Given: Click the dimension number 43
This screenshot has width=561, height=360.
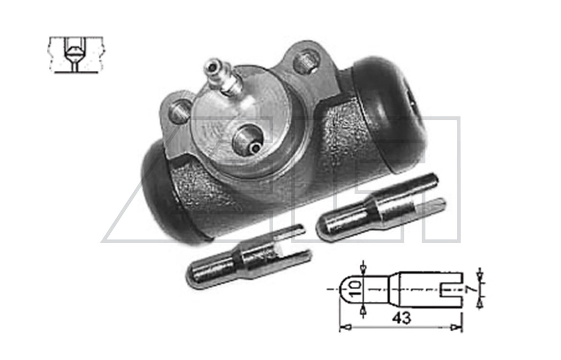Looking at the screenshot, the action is (x=401, y=318).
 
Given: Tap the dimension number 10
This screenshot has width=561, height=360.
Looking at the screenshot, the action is (x=355, y=289).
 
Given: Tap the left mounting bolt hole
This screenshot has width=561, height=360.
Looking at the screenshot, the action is (x=179, y=111).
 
